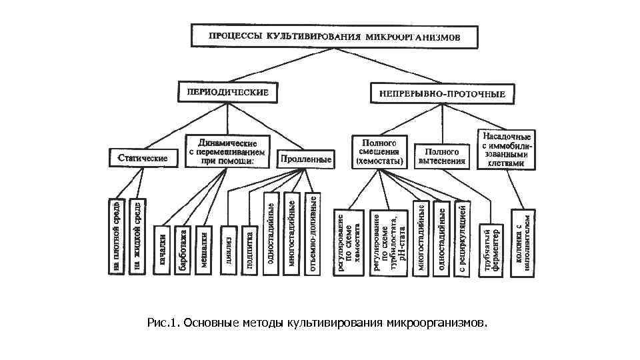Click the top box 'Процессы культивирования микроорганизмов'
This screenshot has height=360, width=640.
335,37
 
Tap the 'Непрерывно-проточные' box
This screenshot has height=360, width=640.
442,94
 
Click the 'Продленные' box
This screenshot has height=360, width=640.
306,159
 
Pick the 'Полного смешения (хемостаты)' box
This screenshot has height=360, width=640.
379,152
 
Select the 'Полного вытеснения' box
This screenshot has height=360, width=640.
441,156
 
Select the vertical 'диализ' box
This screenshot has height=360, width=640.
228,250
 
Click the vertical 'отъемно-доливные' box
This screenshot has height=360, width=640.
313,233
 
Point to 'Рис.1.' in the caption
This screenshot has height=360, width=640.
164,323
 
